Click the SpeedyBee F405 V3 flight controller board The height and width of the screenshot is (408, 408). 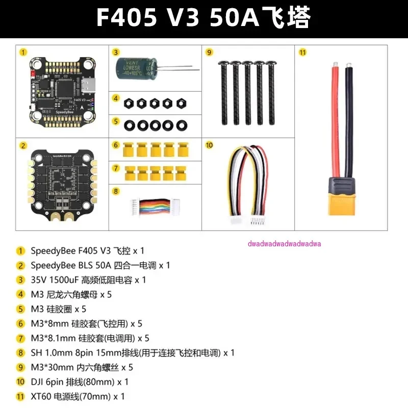click(x=62, y=92)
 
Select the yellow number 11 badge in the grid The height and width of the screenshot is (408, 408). click(x=302, y=52)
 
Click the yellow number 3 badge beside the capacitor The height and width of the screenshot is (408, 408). click(x=116, y=52)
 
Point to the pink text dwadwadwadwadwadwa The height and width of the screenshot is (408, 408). click(x=284, y=243)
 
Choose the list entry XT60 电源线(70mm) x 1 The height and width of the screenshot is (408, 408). click(x=78, y=396)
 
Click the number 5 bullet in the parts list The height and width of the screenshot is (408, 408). click(x=21, y=309)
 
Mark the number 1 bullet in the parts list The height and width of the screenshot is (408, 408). click(x=21, y=250)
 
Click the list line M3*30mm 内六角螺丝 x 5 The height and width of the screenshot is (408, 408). click(x=82, y=367)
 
